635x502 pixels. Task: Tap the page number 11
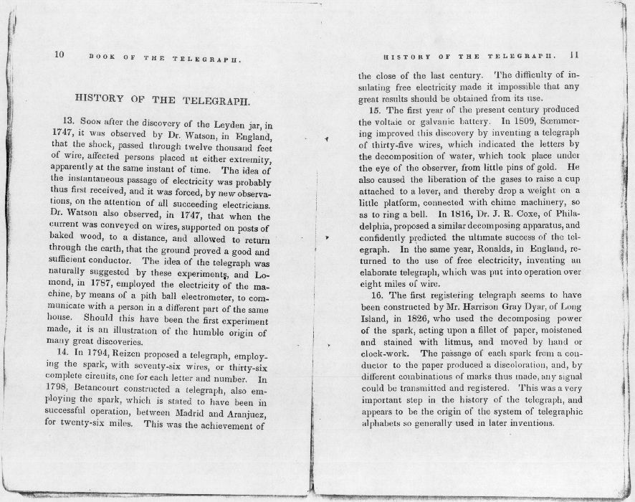click(575, 55)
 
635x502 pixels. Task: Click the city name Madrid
click(179, 411)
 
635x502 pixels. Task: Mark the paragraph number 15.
click(376, 110)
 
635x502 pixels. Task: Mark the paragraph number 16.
click(376, 295)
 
